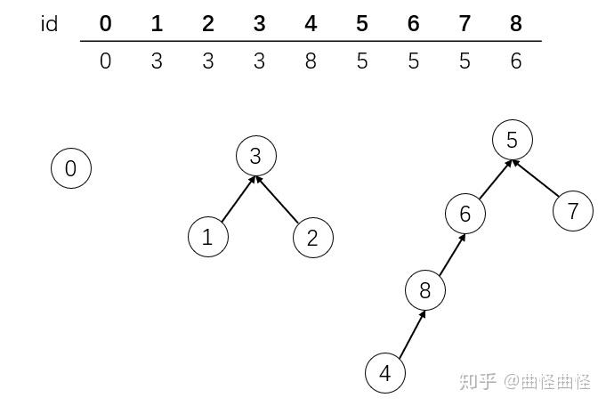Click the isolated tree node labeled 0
tap(71, 168)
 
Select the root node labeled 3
tap(256, 156)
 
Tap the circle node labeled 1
tap(208, 237)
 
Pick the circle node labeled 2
tap(313, 238)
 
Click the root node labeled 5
tap(513, 140)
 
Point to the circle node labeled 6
tap(465, 214)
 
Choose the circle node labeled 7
tap(573, 211)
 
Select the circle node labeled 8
tap(425, 290)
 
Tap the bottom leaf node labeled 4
tap(385, 373)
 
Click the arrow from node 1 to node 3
tap(238, 199)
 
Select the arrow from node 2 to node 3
tap(278, 199)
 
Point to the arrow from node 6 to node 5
tap(496, 180)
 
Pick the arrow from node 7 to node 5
tap(536, 178)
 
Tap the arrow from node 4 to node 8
tap(412, 333)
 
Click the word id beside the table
tap(50, 24)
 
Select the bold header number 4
tap(311, 23)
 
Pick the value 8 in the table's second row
tap(311, 61)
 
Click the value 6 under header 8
tap(516, 61)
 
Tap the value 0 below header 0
tap(106, 61)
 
